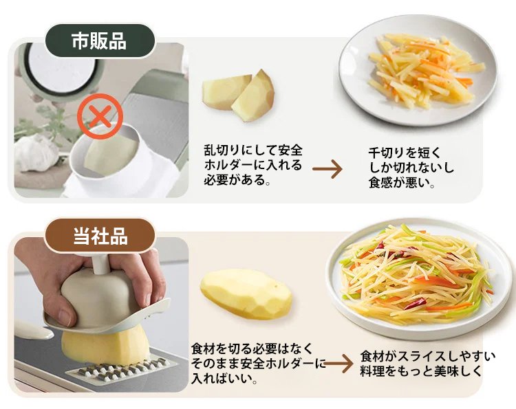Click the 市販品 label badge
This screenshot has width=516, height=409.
tap(100, 41)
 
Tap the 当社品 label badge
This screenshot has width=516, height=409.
tap(100, 235)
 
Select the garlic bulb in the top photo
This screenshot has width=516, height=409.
tap(36, 153)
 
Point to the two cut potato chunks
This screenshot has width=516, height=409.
tap(238, 95)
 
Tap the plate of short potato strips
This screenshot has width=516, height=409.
tap(418, 70)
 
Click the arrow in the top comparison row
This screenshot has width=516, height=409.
tap(327, 169)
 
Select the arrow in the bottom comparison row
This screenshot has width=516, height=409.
tap(339, 364)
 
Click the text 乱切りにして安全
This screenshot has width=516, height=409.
tap(253, 151)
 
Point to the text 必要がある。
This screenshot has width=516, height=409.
tap(237, 179)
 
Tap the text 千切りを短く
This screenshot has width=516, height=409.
tap(405, 153)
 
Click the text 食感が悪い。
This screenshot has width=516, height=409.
tap(402, 182)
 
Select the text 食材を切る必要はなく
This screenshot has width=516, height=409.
tap(252, 349)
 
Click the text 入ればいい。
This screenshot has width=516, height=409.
tap(224, 378)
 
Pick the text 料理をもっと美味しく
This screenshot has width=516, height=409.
tap(421, 371)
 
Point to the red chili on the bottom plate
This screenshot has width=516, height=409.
tap(415, 303)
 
